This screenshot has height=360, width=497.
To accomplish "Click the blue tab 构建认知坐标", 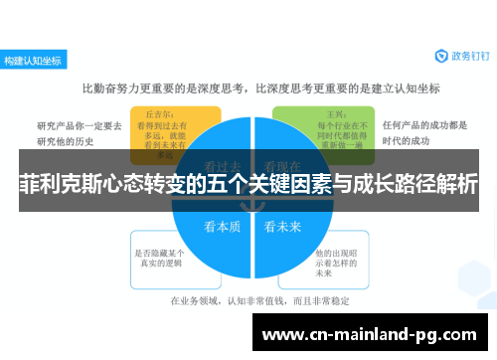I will click(x=33, y=60).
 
